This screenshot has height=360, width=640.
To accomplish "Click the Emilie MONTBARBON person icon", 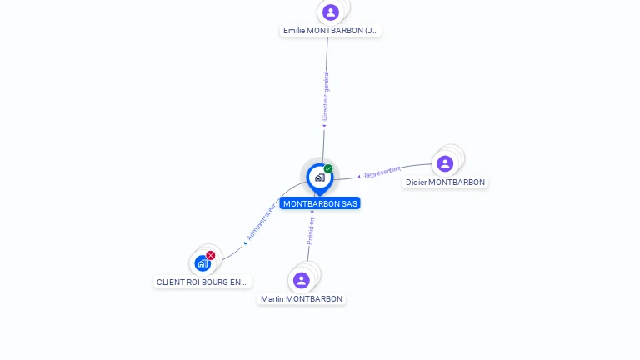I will (331, 12).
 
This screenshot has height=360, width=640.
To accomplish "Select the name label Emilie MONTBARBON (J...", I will (331, 31).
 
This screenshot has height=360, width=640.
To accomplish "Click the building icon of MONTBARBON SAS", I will (319, 177).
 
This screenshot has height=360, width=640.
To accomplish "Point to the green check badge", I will (328, 168).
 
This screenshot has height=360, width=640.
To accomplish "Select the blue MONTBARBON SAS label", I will (320, 203).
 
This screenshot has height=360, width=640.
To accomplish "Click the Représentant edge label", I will (382, 172).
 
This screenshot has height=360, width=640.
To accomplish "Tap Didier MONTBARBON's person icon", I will (445, 163).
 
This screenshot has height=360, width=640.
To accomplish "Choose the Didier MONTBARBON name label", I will (445, 182).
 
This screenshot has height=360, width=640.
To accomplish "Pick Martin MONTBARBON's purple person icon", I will (302, 280).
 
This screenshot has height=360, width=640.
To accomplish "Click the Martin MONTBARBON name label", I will (302, 299).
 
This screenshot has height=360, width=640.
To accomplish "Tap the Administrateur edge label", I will (261, 222).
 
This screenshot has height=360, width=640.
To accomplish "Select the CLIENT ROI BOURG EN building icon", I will (202, 263).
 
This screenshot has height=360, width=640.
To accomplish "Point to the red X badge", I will (211, 255).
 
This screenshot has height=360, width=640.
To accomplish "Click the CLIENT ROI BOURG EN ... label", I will (202, 282).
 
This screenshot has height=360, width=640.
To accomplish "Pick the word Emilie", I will (294, 31).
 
